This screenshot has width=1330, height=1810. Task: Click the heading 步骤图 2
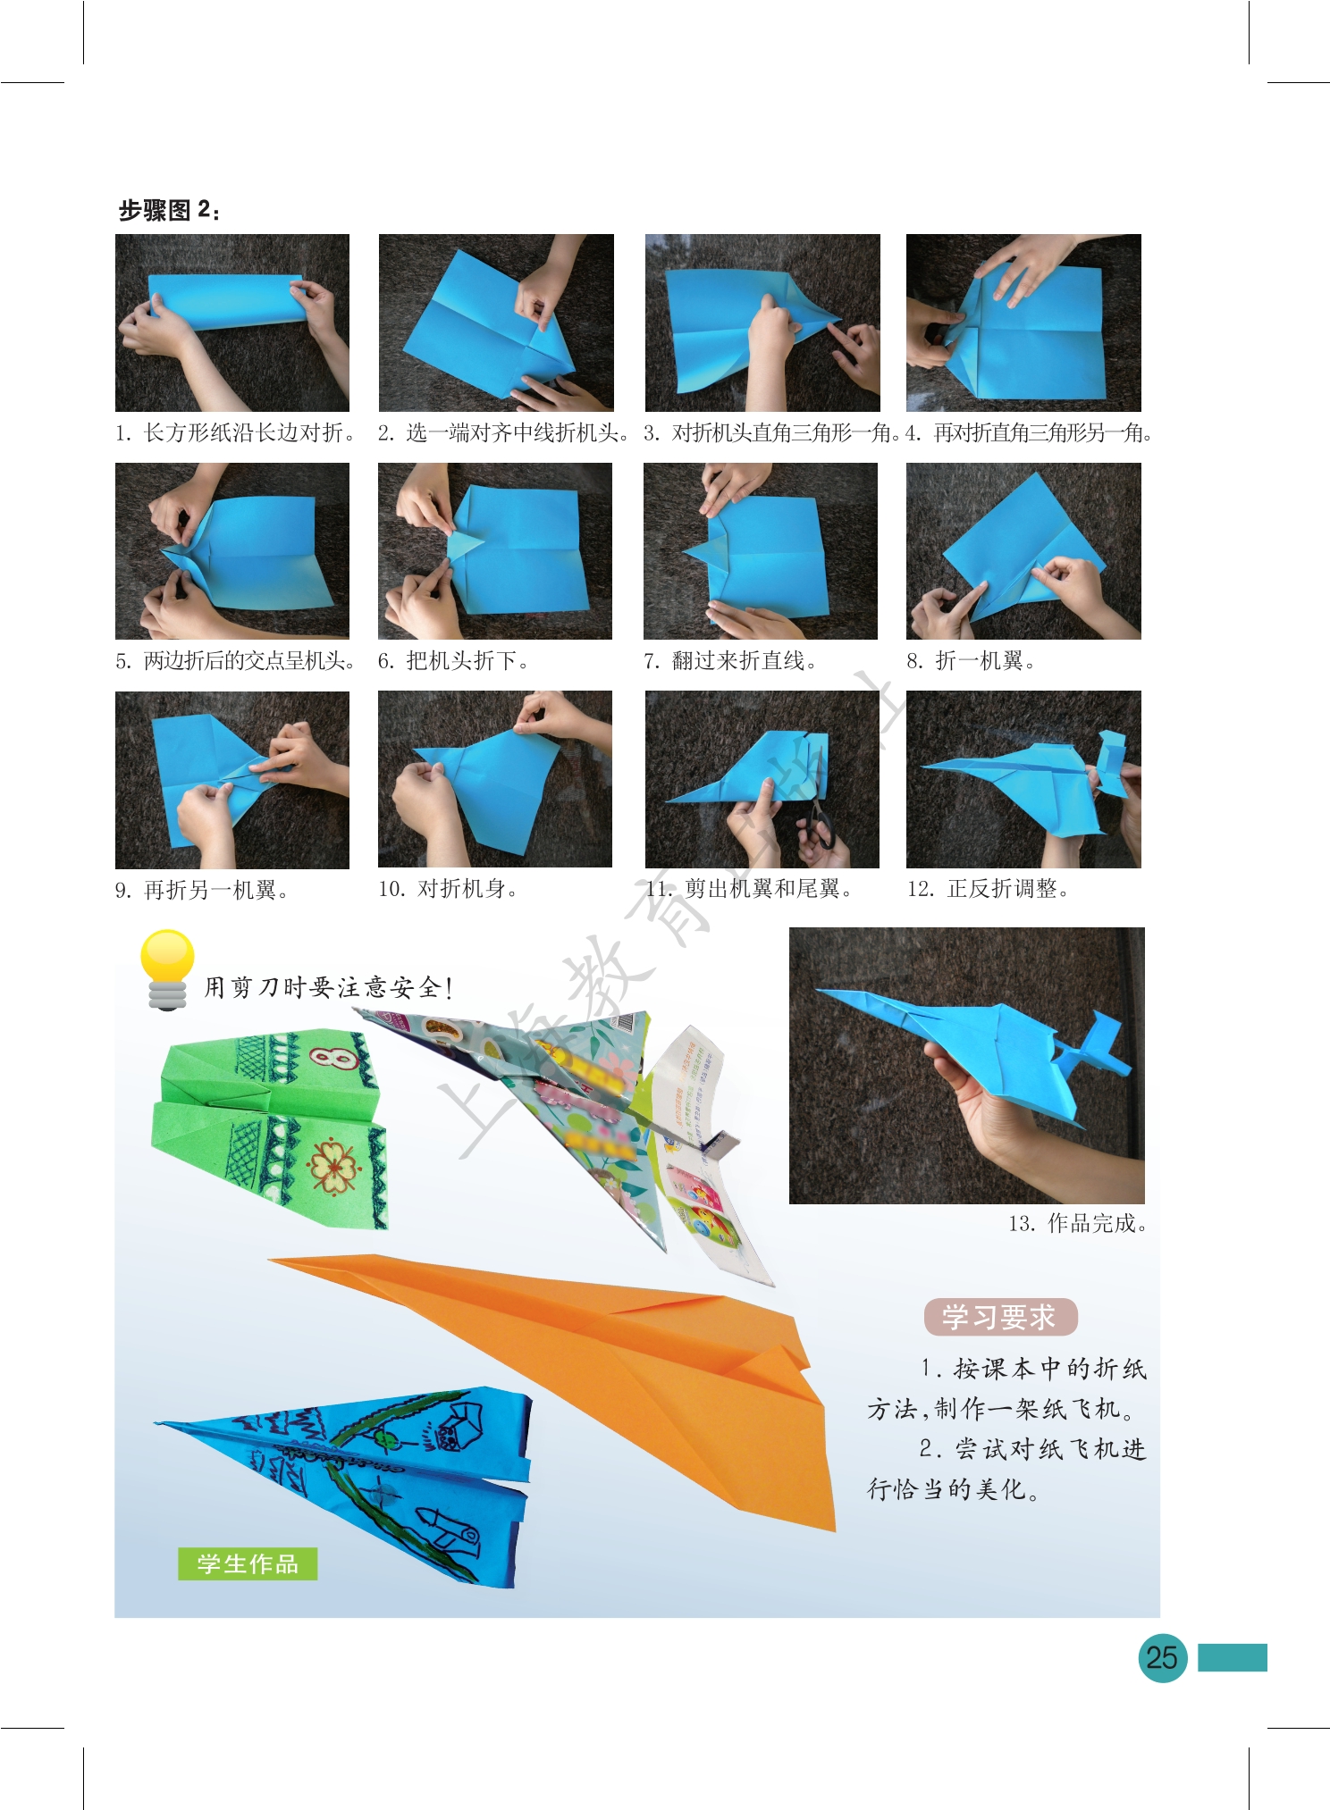pos(169,210)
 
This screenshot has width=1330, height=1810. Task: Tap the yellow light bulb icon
pos(167,969)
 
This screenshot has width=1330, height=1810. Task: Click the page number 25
pos(1162,1658)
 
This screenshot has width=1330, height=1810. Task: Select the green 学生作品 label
pos(248,1563)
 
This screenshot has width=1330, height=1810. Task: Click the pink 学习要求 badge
pos(1000,1317)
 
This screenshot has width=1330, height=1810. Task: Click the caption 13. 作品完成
pos(1077,1223)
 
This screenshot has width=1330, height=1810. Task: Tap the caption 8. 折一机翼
pos(971,661)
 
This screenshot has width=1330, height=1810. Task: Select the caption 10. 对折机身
pos(448,889)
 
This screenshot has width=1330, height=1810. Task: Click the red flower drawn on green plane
pos(333,1167)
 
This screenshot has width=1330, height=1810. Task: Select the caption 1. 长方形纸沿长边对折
pos(236,433)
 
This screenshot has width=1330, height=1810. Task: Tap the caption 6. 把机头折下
pos(454,661)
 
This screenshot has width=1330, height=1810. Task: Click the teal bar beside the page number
pos(1232,1657)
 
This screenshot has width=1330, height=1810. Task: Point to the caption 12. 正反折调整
pos(988,889)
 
